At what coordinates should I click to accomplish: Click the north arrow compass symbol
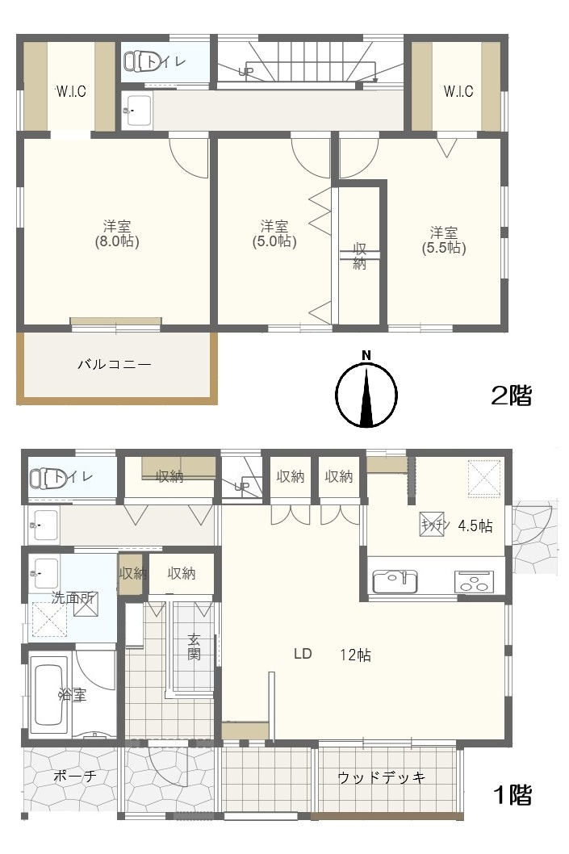[x=366, y=394]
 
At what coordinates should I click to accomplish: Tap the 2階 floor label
[x=512, y=396]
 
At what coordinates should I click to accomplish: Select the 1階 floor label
[x=512, y=795]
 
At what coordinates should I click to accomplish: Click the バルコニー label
[x=114, y=364]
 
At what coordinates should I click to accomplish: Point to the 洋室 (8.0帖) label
[x=117, y=232]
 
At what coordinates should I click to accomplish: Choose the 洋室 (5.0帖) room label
[x=274, y=232]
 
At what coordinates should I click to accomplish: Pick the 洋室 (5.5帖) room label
[x=444, y=240]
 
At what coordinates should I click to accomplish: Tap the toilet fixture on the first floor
[x=50, y=478]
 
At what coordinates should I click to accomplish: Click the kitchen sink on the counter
[x=395, y=580]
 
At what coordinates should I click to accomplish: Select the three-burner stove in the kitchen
[x=475, y=580]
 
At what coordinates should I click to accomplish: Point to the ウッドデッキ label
[x=381, y=777]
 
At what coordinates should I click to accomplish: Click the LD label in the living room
[x=303, y=654]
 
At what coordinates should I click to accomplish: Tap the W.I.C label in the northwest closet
[x=71, y=91]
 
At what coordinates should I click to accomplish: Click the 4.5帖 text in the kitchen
[x=475, y=525]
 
